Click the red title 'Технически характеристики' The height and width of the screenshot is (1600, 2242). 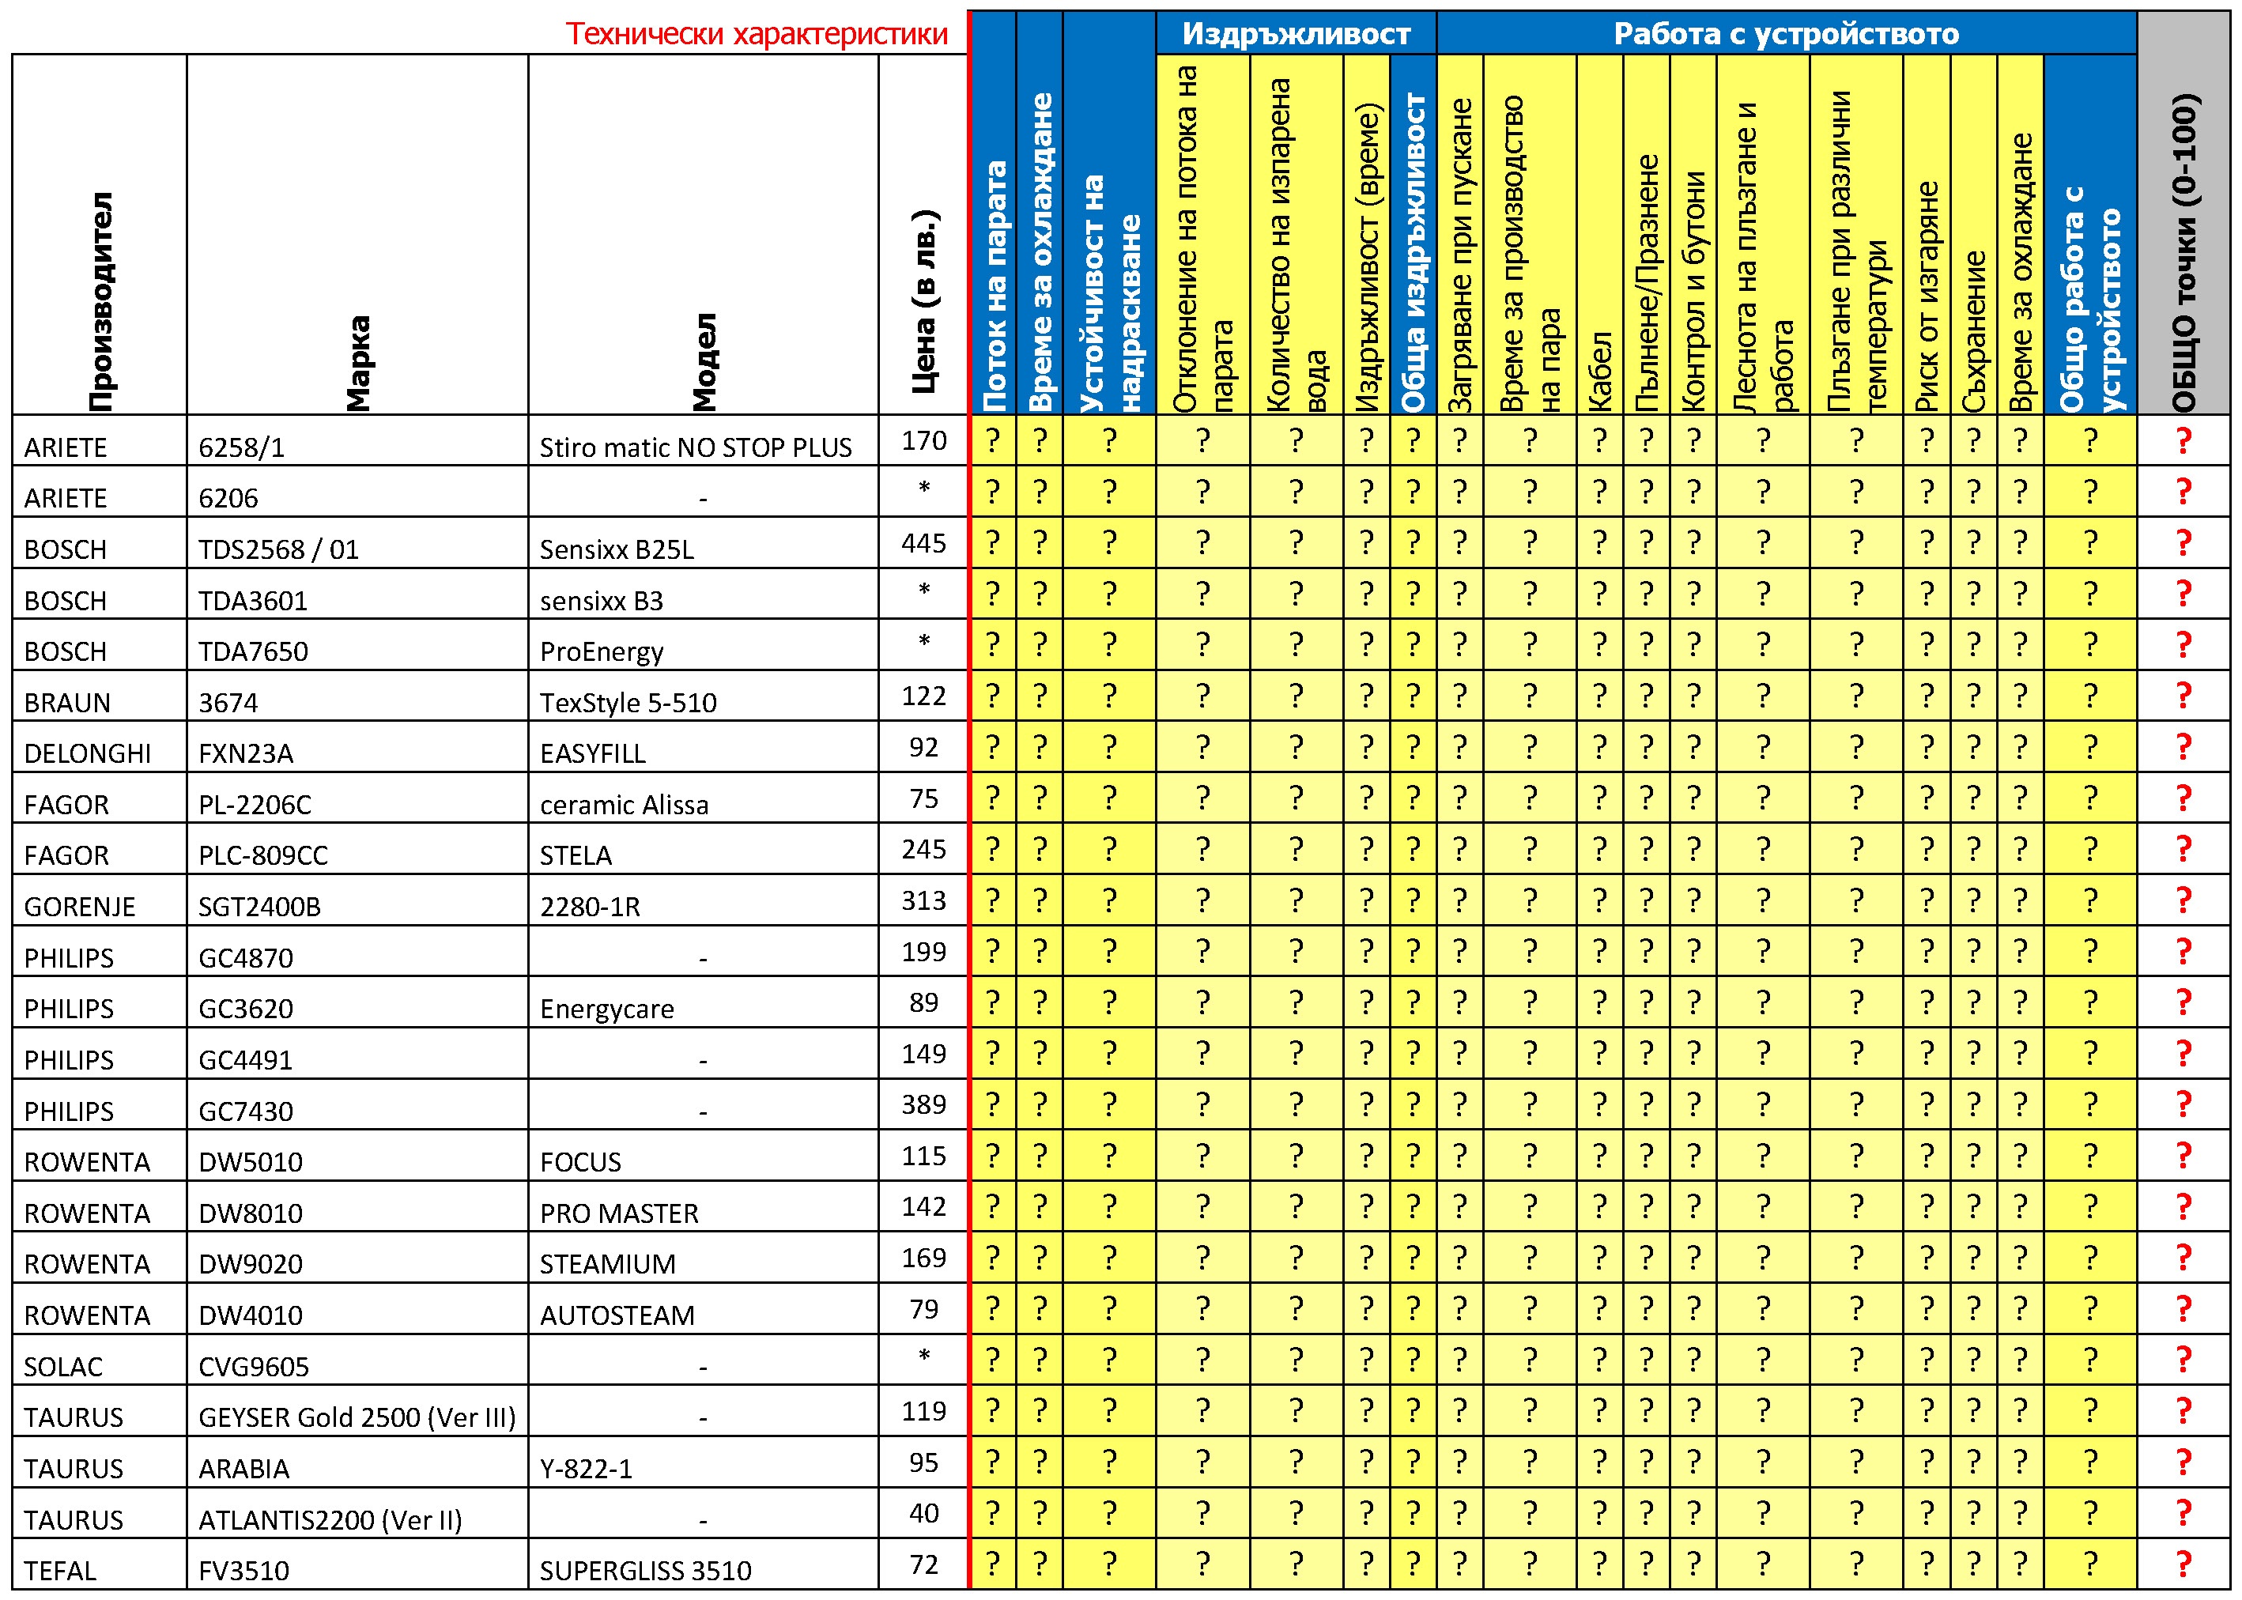tap(756, 35)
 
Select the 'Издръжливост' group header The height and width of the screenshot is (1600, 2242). tap(1296, 35)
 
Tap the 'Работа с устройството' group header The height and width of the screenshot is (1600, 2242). tap(1785, 35)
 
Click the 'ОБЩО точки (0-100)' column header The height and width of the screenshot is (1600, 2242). tap(2183, 253)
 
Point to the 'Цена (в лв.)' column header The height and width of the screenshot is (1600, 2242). tap(923, 300)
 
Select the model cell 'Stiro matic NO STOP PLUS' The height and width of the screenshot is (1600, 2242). tap(696, 447)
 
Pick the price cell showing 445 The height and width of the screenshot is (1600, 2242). tap(923, 543)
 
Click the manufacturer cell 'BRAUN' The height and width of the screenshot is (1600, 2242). tap(67, 703)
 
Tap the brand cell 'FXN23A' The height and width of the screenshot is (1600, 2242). tap(245, 753)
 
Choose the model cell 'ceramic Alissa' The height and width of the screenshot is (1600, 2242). tap(624, 805)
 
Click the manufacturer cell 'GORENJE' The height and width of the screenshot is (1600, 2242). tap(80, 907)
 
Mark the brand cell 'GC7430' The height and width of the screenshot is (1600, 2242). tap(245, 1111)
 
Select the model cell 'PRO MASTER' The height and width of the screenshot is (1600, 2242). tap(619, 1213)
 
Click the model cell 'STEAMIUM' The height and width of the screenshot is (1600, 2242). tap(607, 1264)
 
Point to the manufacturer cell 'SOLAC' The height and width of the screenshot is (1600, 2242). tap(63, 1367)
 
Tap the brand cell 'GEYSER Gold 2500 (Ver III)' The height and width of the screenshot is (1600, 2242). tap(357, 1417)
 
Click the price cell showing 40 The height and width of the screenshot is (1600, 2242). tap(923, 1512)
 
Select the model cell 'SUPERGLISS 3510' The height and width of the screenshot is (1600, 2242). tap(645, 1571)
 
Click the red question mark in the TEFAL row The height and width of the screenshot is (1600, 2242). tap(2183, 1564)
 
